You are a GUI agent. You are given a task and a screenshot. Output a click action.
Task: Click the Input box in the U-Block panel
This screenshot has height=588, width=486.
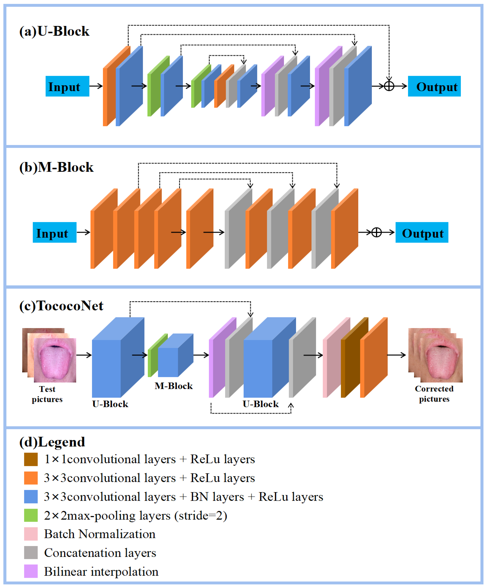(x=67, y=86)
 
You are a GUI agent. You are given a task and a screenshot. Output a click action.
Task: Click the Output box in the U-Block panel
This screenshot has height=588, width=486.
(x=434, y=86)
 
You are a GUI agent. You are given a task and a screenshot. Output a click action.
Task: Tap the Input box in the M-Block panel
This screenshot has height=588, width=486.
(x=55, y=232)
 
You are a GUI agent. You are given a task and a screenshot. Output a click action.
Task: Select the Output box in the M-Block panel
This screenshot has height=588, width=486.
(x=422, y=232)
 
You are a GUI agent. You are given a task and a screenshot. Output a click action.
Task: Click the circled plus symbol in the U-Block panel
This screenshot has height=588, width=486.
(x=389, y=86)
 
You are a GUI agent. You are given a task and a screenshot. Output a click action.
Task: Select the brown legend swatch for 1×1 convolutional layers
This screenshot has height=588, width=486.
(x=31, y=459)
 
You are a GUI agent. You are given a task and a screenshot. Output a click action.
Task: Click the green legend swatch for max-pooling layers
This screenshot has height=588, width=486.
(x=31, y=515)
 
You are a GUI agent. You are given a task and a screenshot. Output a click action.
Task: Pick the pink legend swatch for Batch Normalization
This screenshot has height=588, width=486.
(x=31, y=534)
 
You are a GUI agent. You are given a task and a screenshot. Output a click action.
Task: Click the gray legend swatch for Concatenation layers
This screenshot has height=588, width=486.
(x=31, y=553)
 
